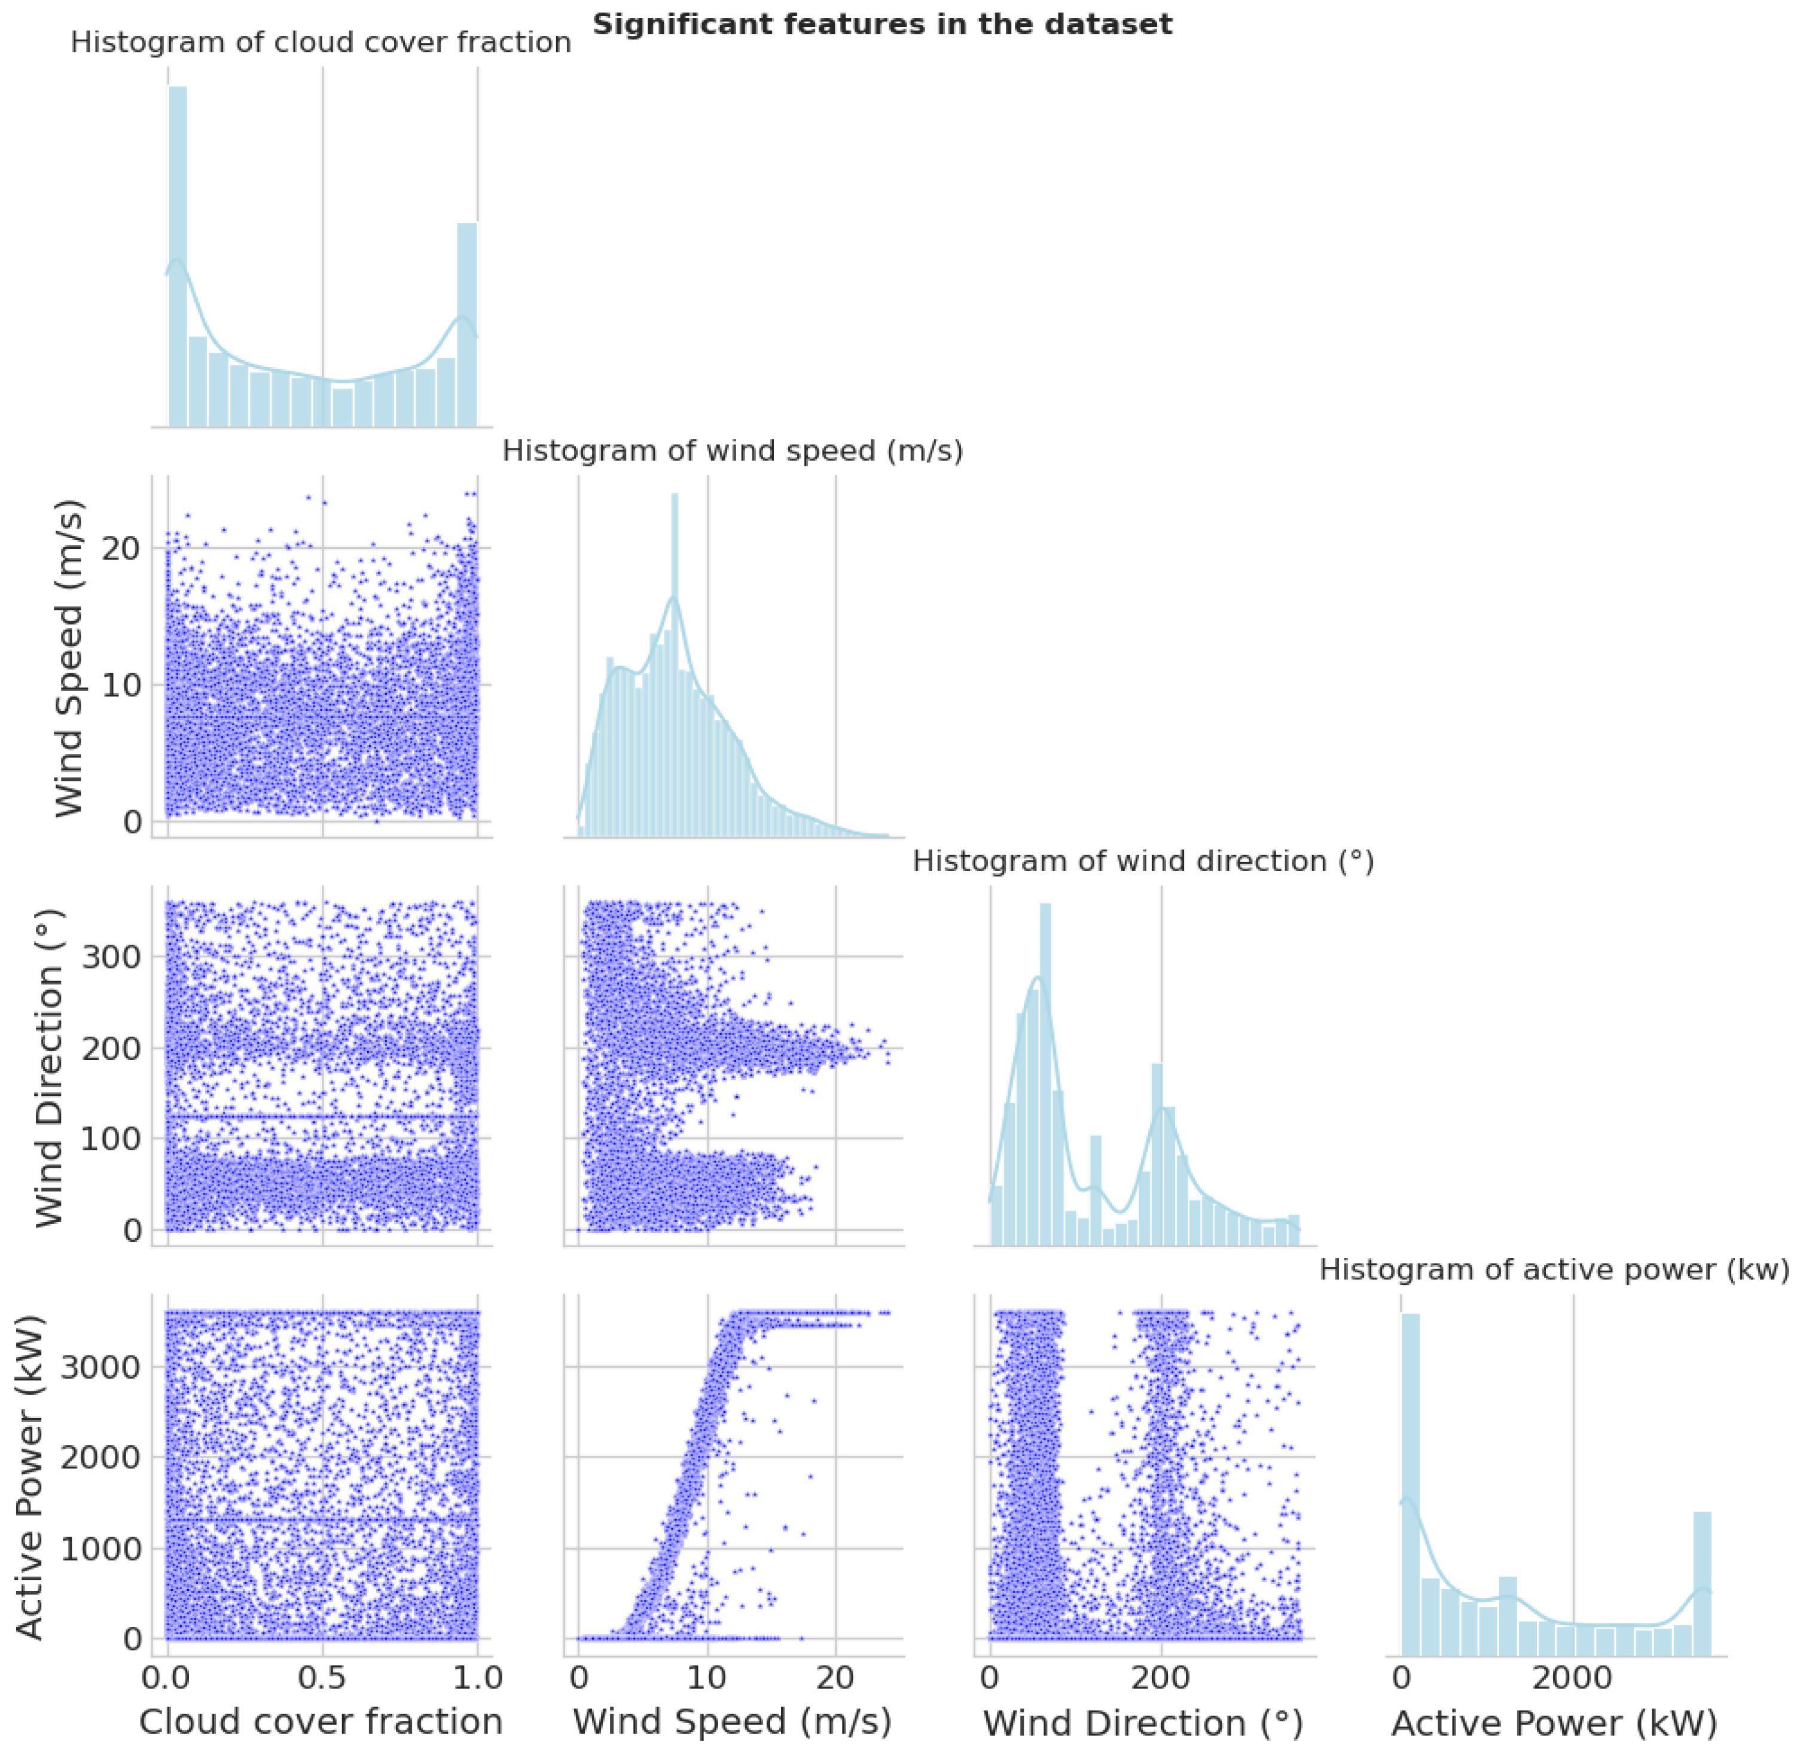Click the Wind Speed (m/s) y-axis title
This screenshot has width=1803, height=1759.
[70, 657]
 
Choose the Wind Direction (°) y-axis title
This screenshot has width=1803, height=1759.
[51, 1067]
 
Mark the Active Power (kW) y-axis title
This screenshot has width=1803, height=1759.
[30, 1476]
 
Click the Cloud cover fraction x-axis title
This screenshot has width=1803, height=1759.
[321, 1722]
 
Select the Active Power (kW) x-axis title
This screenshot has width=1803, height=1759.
[1554, 1723]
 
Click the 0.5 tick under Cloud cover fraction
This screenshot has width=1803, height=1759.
[322, 1676]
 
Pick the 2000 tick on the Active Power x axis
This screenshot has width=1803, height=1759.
[1573, 1676]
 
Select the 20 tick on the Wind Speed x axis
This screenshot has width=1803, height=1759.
[835, 1676]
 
